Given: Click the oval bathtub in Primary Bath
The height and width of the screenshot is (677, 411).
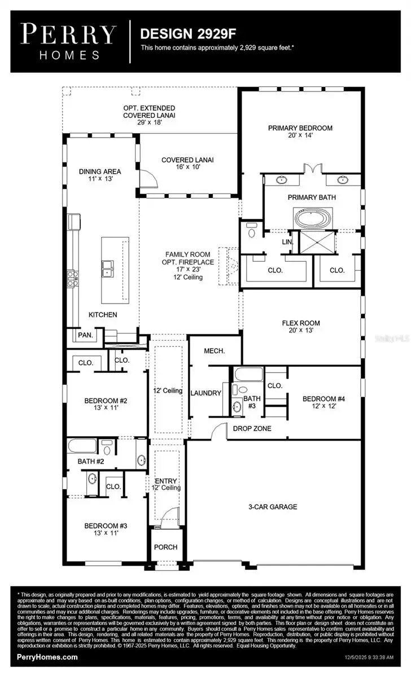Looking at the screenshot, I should coord(312,218).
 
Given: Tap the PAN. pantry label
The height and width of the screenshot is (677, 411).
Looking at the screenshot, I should coord(86,335).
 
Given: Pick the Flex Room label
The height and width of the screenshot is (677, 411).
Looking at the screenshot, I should coord(301,323).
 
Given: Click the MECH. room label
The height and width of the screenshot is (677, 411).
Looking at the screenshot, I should coord(215,351).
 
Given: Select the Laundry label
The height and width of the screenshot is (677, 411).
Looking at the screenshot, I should coord(205,393).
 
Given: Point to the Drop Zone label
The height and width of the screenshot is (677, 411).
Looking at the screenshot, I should coord(252,429).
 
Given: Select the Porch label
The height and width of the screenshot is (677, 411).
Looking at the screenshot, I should coord(165,547).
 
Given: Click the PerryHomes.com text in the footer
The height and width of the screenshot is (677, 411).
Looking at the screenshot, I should coord(47,657).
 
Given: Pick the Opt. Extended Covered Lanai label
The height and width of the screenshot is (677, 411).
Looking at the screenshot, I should coord(149,111).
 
